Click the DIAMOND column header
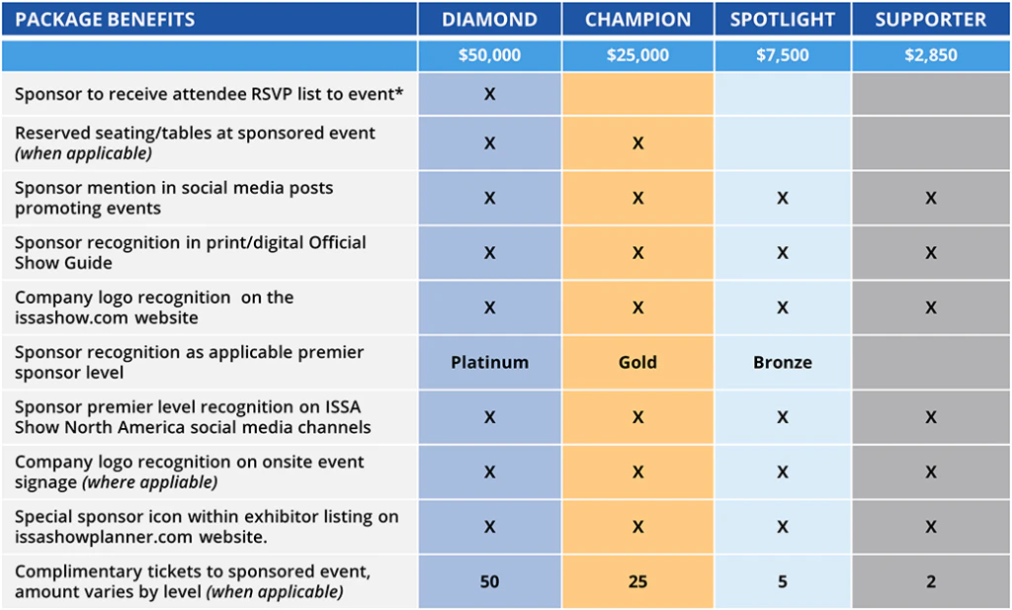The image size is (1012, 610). point(489,20)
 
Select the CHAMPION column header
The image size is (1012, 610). point(637,20)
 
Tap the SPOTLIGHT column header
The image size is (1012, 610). point(783,20)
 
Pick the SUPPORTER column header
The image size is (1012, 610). point(931,20)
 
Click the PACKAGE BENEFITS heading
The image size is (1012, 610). point(105,20)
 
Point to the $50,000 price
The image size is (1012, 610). point(489,54)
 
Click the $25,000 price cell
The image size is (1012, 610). point(637,54)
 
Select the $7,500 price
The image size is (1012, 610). point(783,54)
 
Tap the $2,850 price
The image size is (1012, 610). point(931,54)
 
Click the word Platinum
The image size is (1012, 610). point(489,362)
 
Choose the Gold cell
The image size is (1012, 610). point(637,362)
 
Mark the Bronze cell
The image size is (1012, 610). point(783,362)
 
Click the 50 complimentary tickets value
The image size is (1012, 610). point(489,581)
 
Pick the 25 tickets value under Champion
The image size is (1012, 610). point(637,581)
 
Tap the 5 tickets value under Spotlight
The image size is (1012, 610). point(783,581)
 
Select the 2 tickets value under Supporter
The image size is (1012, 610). point(931,581)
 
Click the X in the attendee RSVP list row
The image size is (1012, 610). point(489,94)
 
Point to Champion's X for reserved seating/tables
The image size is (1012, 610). point(637,142)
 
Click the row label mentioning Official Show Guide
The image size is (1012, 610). point(191,252)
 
